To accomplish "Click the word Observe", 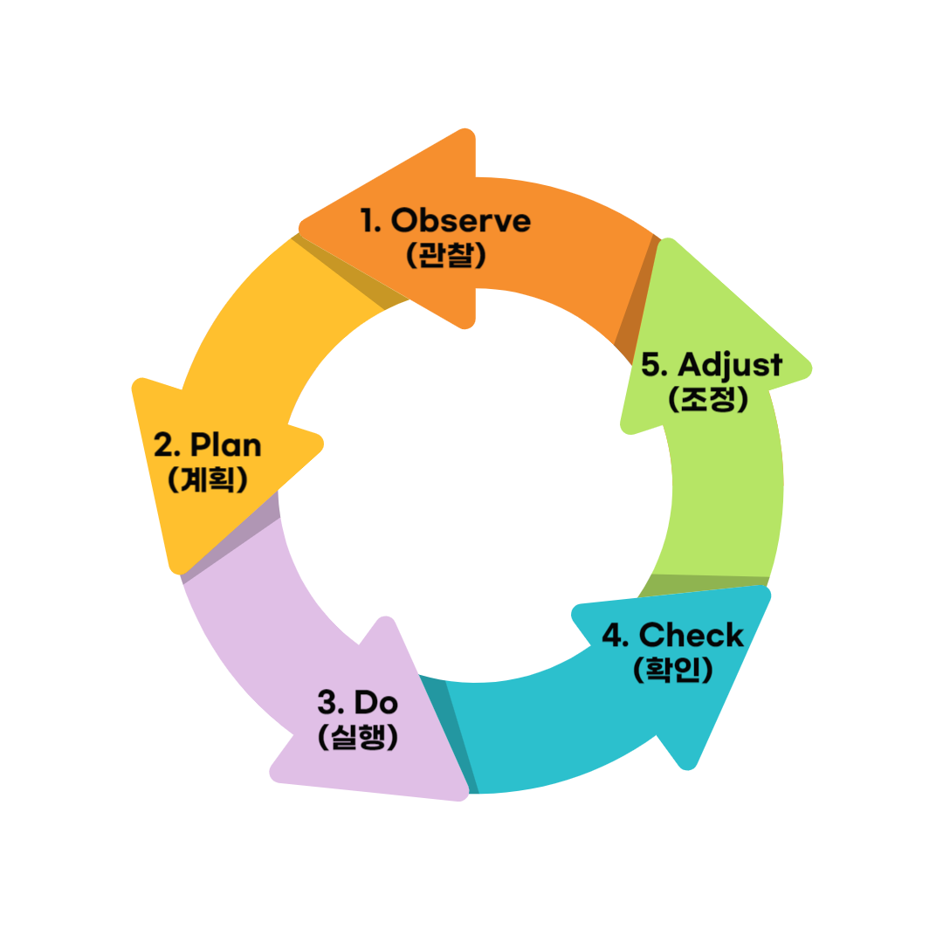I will coord(461,221).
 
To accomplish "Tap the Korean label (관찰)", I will coord(445,255).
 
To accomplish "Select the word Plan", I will coord(226,445).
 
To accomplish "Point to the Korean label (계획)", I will coord(207,479).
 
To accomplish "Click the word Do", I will coord(376,701).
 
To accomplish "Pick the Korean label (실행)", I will coord(358,737).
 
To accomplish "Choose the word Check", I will coord(692,635).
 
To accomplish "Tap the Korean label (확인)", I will coord(672,670).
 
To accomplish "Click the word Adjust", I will coord(730,364).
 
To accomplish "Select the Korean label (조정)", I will coord(708,399).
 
